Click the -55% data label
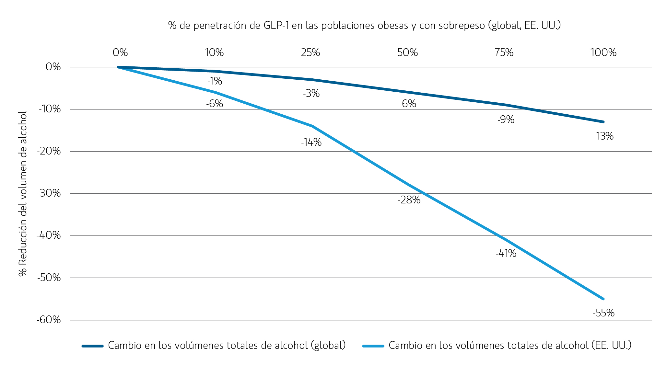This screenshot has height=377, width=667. pos(603,313)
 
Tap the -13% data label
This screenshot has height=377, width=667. pos(603,136)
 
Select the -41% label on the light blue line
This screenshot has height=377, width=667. pos(506,253)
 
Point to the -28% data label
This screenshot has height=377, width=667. pos(409,200)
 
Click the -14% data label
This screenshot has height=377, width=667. pos(311,142)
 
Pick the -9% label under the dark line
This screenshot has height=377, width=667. pos(506,120)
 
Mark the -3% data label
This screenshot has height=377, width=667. pos(311,93)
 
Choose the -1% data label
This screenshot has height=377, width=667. pos(215,81)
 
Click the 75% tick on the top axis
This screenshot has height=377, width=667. pos(504,52)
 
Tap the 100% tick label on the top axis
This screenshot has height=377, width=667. pos(603,52)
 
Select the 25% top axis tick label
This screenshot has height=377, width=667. pos(310,52)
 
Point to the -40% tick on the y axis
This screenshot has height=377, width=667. pos(49,235)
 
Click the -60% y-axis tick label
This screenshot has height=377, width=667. pos(49,320)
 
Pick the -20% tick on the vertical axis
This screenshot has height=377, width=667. pos(49,151)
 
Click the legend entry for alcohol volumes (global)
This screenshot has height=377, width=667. pos(227,345)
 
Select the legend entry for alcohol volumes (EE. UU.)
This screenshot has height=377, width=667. pos(510,345)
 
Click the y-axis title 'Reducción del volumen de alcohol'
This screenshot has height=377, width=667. pos(23,194)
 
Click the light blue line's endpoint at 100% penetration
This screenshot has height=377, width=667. pos(603,299)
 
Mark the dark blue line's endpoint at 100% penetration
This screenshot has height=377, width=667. pos(603,122)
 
